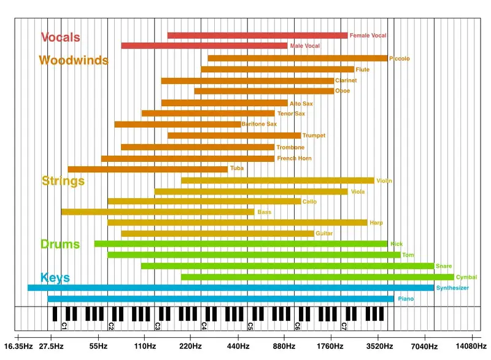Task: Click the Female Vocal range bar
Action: click(x=257, y=36)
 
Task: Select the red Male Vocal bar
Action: click(x=204, y=46)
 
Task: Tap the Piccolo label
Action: click(x=400, y=59)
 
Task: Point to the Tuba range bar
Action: click(x=147, y=169)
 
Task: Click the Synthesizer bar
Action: click(x=230, y=288)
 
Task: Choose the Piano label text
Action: click(x=406, y=299)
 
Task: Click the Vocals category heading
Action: click(x=60, y=37)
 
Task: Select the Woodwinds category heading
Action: click(x=73, y=61)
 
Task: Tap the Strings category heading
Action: click(x=63, y=181)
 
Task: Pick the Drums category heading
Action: click(x=60, y=244)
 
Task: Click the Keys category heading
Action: click(x=55, y=277)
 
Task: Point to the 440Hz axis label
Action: click(x=238, y=347)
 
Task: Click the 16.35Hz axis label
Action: click(x=16, y=347)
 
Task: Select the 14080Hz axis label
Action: click(x=472, y=347)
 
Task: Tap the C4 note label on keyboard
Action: click(x=204, y=326)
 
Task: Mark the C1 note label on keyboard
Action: click(x=64, y=326)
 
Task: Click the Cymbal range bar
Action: click(x=317, y=277)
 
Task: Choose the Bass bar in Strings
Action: click(x=158, y=212)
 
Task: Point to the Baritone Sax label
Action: click(x=260, y=124)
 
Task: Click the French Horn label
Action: click(x=294, y=159)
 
